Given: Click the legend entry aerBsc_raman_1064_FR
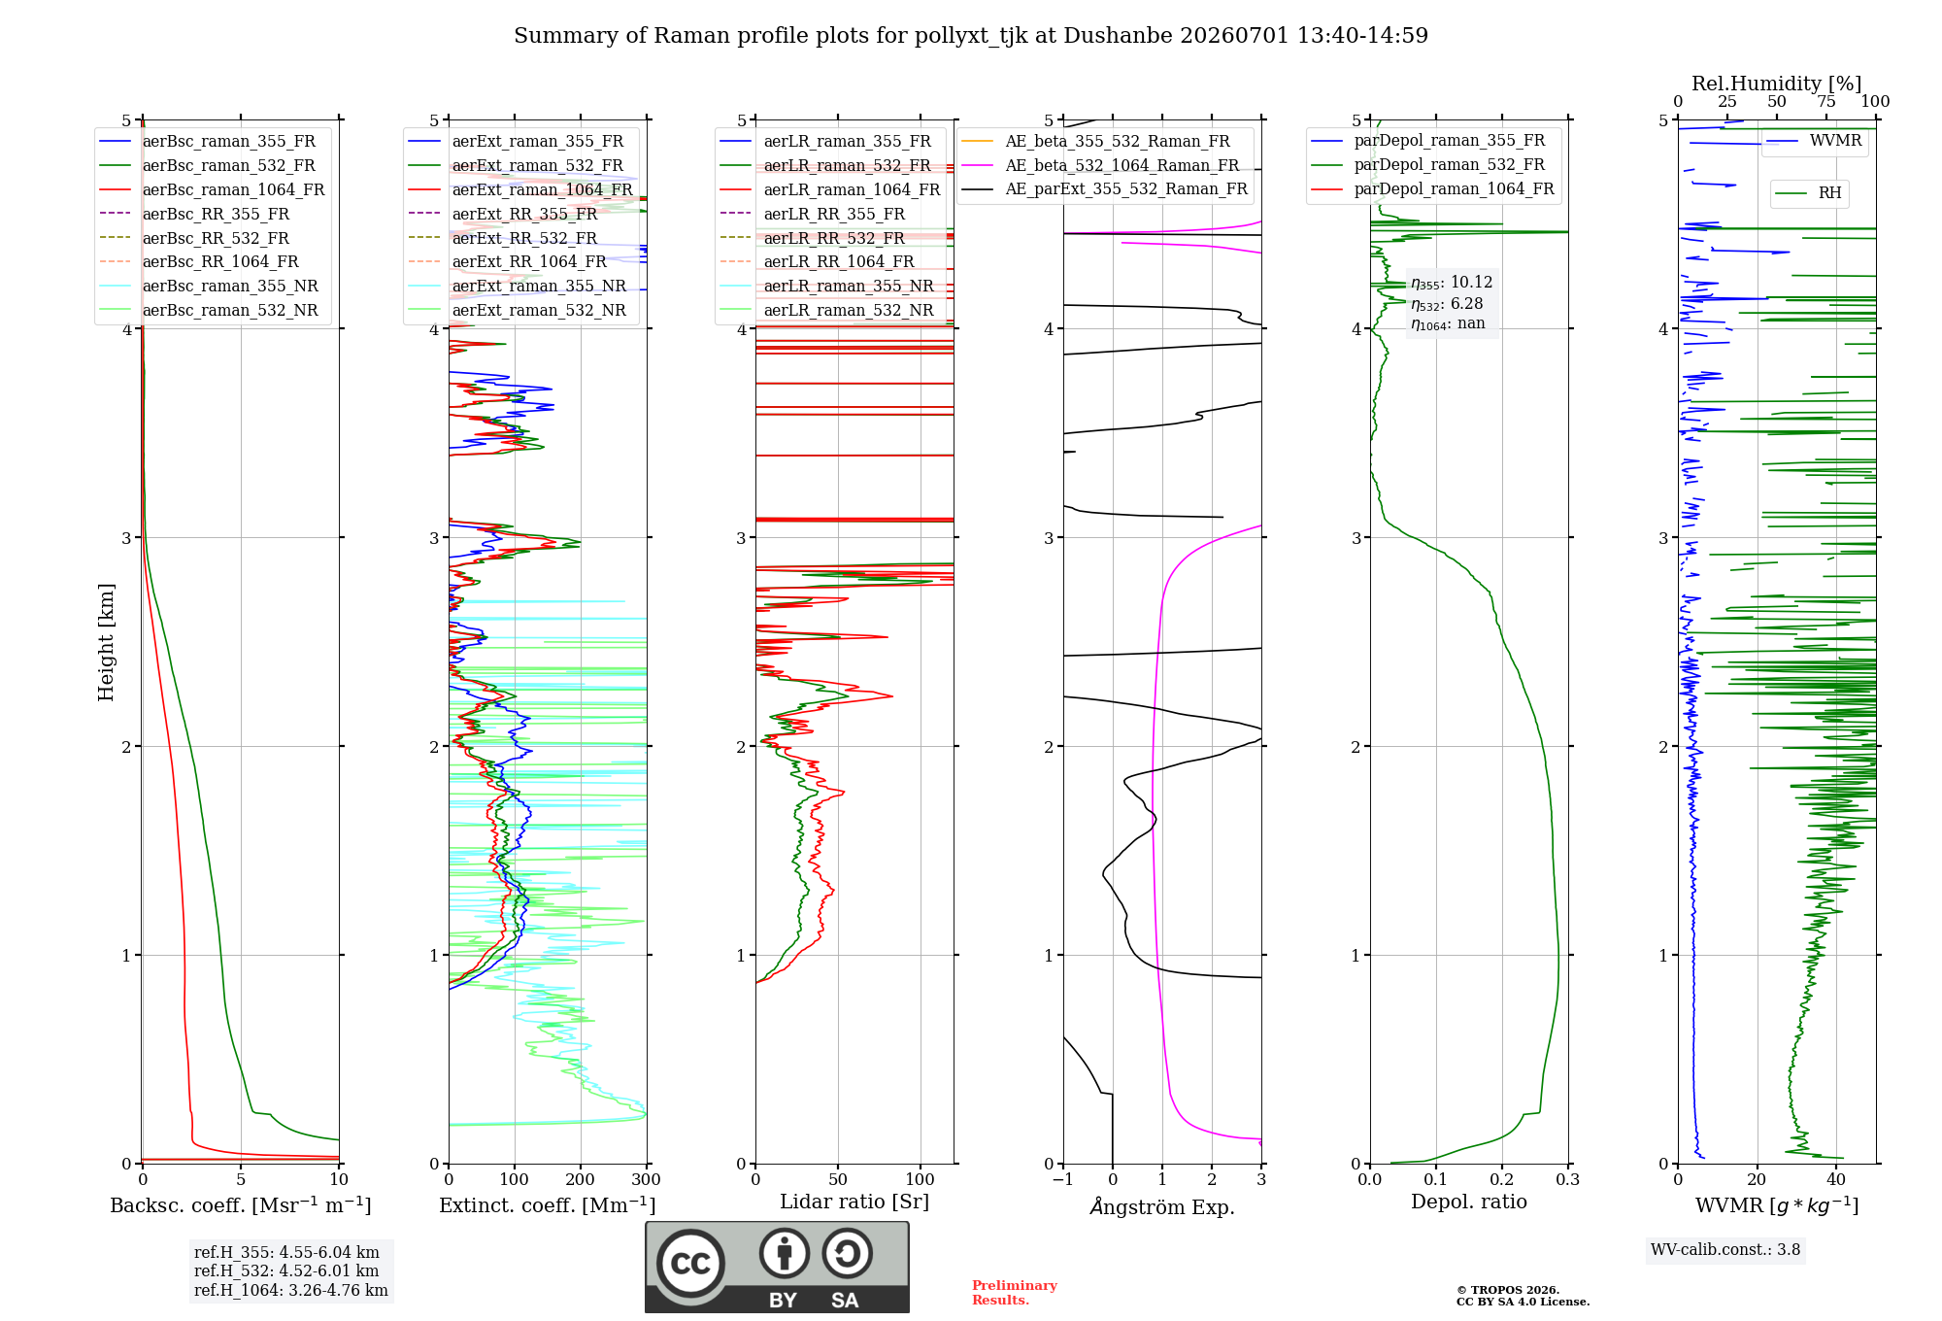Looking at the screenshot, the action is tap(212, 190).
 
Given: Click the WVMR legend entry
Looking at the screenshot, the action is tap(1814, 141).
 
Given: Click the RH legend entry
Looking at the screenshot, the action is tap(1809, 193).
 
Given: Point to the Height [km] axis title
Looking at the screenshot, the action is tap(106, 642).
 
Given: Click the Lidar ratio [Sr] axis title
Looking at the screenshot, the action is tap(854, 1202).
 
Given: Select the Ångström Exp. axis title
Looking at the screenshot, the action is tap(1162, 1206).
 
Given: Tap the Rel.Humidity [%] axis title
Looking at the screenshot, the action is tap(1777, 84).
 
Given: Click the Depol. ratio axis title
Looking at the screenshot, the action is tap(1469, 1202).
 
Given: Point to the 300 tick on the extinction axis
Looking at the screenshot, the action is tap(647, 1179).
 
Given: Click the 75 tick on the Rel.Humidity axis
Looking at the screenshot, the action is tap(1826, 101).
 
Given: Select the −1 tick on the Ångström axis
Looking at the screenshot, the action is tap(1063, 1179).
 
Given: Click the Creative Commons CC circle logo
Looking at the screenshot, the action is tap(690, 1264).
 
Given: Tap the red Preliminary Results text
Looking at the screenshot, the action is tap(1015, 1293).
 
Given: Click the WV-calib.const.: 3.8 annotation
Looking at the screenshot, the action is tap(1725, 1250).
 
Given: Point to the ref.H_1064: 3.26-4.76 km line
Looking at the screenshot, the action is tap(291, 1291).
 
